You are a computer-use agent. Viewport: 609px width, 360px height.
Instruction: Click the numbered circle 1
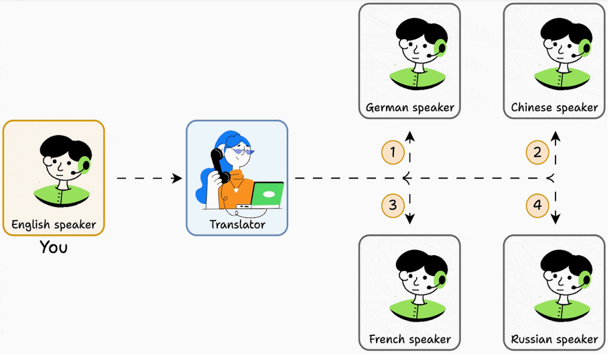[x=393, y=153]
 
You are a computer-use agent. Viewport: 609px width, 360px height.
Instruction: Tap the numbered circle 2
[x=538, y=153]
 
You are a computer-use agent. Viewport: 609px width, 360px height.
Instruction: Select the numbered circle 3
[x=393, y=204]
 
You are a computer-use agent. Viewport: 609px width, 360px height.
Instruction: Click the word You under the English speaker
[x=54, y=247]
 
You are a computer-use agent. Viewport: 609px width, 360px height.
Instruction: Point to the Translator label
[x=237, y=225]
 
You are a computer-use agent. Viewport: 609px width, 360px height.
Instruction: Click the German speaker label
[x=410, y=108]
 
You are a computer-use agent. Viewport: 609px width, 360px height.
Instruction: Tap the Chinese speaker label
[x=554, y=108]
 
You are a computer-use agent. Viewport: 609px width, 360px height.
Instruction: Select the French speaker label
[x=410, y=340]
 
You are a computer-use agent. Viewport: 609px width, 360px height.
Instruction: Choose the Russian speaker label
[x=554, y=340]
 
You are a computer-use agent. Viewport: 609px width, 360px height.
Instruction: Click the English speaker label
[x=54, y=225]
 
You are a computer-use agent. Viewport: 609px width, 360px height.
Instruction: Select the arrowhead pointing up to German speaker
[x=410, y=136]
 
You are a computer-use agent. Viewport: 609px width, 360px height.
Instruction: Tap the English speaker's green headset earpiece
[x=84, y=165]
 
